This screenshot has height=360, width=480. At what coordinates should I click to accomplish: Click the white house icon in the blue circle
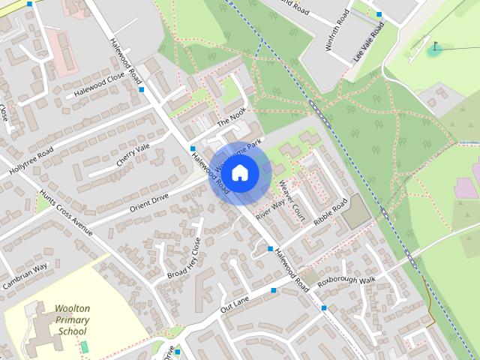pyautogui.click(x=239, y=173)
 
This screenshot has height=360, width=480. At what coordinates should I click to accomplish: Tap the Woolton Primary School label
pyautogui.click(x=71, y=319)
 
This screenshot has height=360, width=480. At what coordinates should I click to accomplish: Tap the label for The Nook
pyautogui.click(x=231, y=117)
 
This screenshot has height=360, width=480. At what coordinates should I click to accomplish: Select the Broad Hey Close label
pyautogui.click(x=184, y=259)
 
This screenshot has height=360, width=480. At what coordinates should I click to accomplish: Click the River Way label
pyautogui.click(x=270, y=208)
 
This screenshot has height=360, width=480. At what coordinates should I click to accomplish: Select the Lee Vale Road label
pyautogui.click(x=370, y=43)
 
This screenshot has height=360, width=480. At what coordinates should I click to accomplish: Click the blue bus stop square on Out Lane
pyautogui.click(x=274, y=289)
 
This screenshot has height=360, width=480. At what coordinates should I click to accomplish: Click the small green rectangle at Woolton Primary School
pyautogui.click(x=84, y=347)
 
